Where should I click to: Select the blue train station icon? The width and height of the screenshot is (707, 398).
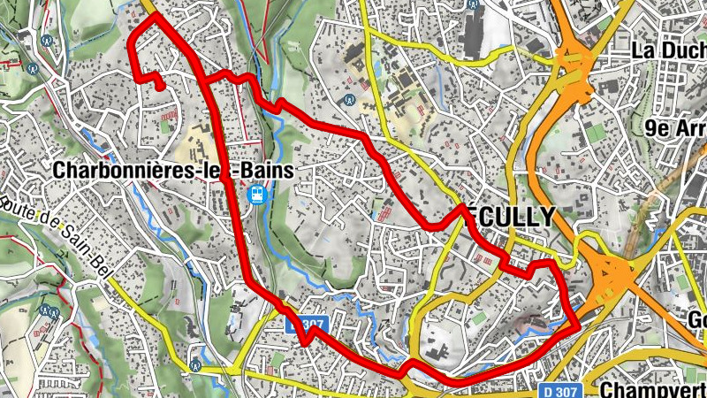pyautogui.click(x=256, y=194)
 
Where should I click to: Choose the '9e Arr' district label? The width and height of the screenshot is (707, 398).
pyautogui.click(x=676, y=129)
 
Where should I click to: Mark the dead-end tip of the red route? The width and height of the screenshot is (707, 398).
pyautogui.click(x=160, y=87)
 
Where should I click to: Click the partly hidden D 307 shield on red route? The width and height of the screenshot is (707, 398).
pyautogui.click(x=308, y=325)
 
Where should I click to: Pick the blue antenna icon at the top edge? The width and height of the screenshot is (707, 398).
pyautogui.click(x=475, y=4)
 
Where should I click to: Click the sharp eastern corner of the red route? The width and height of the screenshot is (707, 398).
pyautogui.click(x=579, y=325)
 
